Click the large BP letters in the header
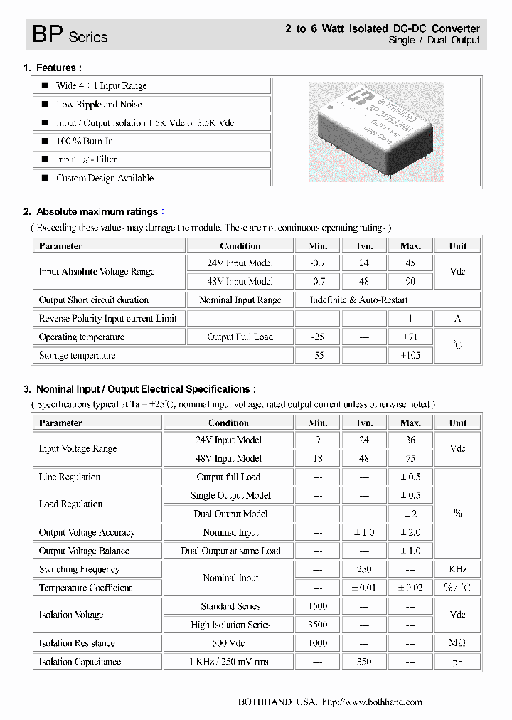pos(48,34)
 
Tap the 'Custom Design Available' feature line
pos(105,178)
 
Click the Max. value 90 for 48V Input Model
pos(410,281)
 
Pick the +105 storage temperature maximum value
pos(410,355)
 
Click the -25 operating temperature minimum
pos(317,337)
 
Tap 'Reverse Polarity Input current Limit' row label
pos(108,318)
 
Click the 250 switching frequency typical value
pos(365,569)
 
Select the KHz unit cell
pos(458,569)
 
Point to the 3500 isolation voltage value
pos(317,625)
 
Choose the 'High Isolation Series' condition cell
pos(230,625)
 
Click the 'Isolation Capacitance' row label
pos(80,662)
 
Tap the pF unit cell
pos(458,662)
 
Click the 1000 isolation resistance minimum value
pos(317,643)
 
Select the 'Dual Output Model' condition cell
pos(230,514)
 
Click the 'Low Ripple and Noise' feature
pos(99,104)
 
